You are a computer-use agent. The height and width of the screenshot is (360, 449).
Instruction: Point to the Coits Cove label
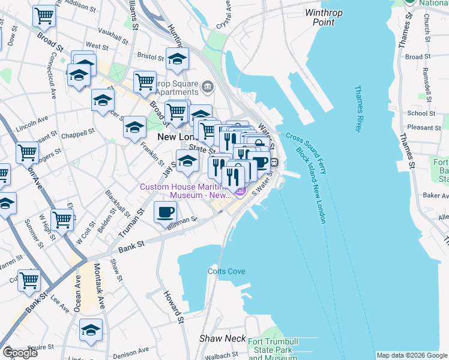226,271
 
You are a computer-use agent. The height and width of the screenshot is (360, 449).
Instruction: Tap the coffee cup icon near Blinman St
166,212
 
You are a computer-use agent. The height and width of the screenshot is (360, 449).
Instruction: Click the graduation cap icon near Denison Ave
91,330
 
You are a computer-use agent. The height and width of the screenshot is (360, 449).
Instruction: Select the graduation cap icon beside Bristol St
178,59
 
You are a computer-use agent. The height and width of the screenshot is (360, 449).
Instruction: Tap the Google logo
20,353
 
